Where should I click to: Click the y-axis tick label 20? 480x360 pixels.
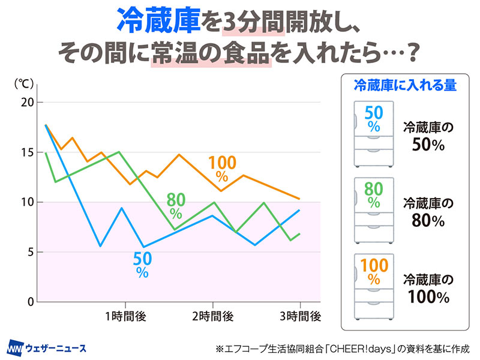point(26,103)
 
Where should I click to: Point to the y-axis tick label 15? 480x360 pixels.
point(26,152)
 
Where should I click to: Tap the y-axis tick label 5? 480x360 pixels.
point(29,252)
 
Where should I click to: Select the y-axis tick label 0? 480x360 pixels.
point(29,302)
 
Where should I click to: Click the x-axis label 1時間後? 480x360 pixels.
point(125,316)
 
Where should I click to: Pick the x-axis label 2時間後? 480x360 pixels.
point(212,316)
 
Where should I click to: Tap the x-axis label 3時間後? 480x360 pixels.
point(300,316)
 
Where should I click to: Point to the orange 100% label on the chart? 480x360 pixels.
point(222,169)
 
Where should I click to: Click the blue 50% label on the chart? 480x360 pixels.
point(142,263)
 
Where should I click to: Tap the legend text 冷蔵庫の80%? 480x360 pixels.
point(427,212)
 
